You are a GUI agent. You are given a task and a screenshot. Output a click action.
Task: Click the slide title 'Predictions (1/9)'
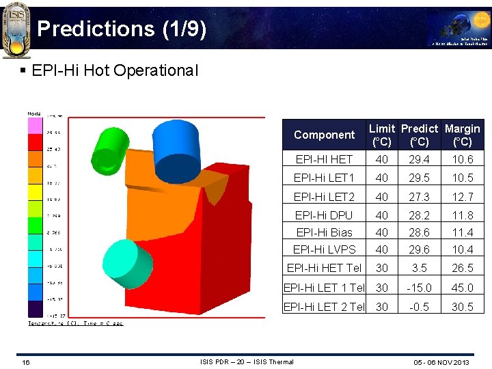click(x=122, y=29)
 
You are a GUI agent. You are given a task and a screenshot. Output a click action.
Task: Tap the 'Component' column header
click(x=324, y=135)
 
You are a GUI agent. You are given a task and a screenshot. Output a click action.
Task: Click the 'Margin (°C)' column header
click(x=462, y=135)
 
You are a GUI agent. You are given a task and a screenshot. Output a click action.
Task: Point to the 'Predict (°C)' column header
click(x=419, y=135)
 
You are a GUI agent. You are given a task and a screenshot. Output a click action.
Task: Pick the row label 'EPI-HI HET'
click(x=324, y=159)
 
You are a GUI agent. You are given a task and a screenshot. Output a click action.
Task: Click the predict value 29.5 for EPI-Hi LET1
click(x=419, y=178)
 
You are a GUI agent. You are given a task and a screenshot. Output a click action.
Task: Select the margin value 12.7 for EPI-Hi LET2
click(x=462, y=197)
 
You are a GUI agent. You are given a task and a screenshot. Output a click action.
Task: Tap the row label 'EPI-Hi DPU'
click(x=324, y=215)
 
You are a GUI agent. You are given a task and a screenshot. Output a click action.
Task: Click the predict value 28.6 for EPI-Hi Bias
click(x=419, y=232)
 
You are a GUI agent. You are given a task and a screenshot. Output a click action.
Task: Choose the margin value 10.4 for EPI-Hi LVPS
click(x=462, y=250)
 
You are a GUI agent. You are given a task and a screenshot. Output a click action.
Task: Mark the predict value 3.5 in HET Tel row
click(x=419, y=269)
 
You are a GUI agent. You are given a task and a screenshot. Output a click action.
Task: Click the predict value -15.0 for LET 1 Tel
click(x=419, y=288)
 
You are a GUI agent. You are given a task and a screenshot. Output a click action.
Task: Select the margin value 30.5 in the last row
click(x=462, y=307)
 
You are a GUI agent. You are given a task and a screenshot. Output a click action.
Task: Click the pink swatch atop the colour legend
click(x=34, y=125)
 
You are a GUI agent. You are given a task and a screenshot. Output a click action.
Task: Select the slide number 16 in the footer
click(x=25, y=361)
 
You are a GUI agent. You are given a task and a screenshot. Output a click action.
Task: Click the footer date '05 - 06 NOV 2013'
click(x=441, y=361)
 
